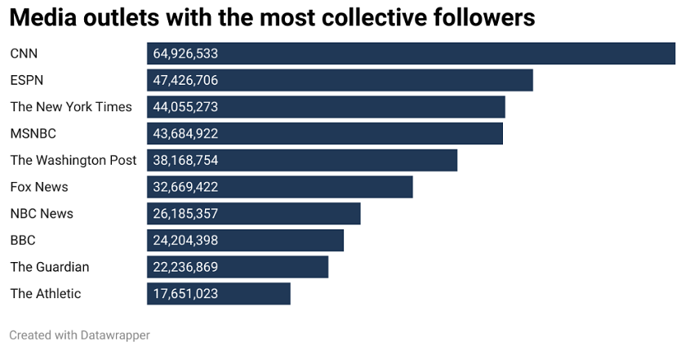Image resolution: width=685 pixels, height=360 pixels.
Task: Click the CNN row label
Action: pos(24,54)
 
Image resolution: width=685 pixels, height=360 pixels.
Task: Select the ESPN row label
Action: pos(27,80)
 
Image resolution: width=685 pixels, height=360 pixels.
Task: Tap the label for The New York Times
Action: pos(71,107)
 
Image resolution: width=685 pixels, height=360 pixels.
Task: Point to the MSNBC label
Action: pos(33,133)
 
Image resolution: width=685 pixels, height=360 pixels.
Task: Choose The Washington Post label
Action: pos(73,160)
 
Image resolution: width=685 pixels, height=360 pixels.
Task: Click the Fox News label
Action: pos(39,187)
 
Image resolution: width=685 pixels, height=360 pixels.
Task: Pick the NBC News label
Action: pos(42,214)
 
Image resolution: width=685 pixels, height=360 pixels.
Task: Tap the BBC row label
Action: pos(23,240)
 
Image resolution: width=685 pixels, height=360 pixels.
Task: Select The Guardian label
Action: pos(50,267)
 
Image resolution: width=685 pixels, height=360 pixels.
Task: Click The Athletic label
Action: pos(46,294)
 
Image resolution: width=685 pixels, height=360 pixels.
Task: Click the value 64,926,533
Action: pos(185,54)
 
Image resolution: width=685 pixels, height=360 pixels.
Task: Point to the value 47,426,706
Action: pos(185,80)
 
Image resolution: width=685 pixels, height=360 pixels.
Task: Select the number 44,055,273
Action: pos(185,107)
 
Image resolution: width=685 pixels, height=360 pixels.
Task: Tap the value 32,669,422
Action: pos(185,187)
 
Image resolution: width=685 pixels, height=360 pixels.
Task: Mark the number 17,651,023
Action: pos(185,294)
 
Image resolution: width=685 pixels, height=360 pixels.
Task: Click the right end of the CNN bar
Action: pos(673,54)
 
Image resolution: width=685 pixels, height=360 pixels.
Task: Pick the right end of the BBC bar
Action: pos(341,240)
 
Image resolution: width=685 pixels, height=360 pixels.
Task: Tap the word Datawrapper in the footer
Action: pos(112,335)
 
